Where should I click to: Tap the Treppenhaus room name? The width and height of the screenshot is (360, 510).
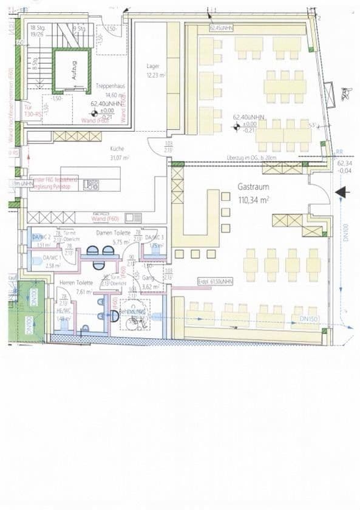(107, 87)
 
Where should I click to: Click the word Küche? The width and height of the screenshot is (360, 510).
(117, 149)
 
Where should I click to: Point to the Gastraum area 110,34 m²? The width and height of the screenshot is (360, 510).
(254, 200)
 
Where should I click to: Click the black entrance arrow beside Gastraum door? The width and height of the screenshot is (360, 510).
(342, 192)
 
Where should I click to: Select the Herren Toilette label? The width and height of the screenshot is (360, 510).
(76, 283)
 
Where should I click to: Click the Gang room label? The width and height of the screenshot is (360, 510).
(148, 278)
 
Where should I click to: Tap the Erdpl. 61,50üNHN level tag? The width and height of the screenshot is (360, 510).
(216, 282)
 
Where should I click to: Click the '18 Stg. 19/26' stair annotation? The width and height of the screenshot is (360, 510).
(38, 31)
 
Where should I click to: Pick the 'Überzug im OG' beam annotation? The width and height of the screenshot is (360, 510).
(251, 158)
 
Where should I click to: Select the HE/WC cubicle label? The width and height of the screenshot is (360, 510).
(63, 310)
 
